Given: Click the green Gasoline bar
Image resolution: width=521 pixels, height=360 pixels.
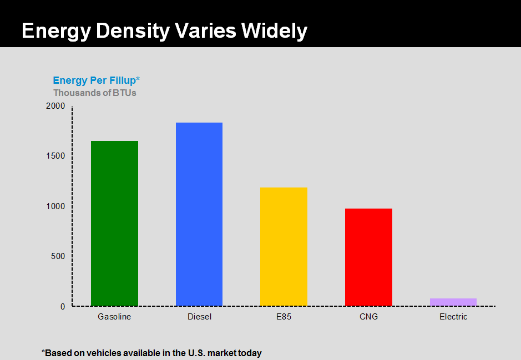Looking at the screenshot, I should (x=114, y=223).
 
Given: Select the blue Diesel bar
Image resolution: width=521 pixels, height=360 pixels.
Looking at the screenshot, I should (x=199, y=214).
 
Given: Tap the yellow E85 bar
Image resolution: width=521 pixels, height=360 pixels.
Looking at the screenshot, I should (x=284, y=246).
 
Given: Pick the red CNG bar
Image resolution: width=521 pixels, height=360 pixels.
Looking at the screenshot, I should (x=368, y=257).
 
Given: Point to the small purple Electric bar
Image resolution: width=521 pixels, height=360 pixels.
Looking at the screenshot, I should (x=453, y=302).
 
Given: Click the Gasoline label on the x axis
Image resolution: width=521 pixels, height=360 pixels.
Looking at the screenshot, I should (x=114, y=317).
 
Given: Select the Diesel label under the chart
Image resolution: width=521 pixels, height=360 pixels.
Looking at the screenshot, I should (x=199, y=317).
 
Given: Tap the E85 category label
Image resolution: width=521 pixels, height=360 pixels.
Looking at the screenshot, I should (x=284, y=317).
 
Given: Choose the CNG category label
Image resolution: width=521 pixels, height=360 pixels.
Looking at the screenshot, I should (x=368, y=317).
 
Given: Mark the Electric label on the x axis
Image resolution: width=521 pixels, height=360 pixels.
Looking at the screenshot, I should (x=453, y=317).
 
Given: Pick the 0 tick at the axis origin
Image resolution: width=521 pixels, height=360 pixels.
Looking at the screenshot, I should (x=63, y=306).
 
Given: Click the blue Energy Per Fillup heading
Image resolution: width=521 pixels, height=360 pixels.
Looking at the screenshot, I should (x=96, y=80).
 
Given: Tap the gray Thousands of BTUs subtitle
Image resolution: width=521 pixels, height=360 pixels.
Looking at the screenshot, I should (x=94, y=93).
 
